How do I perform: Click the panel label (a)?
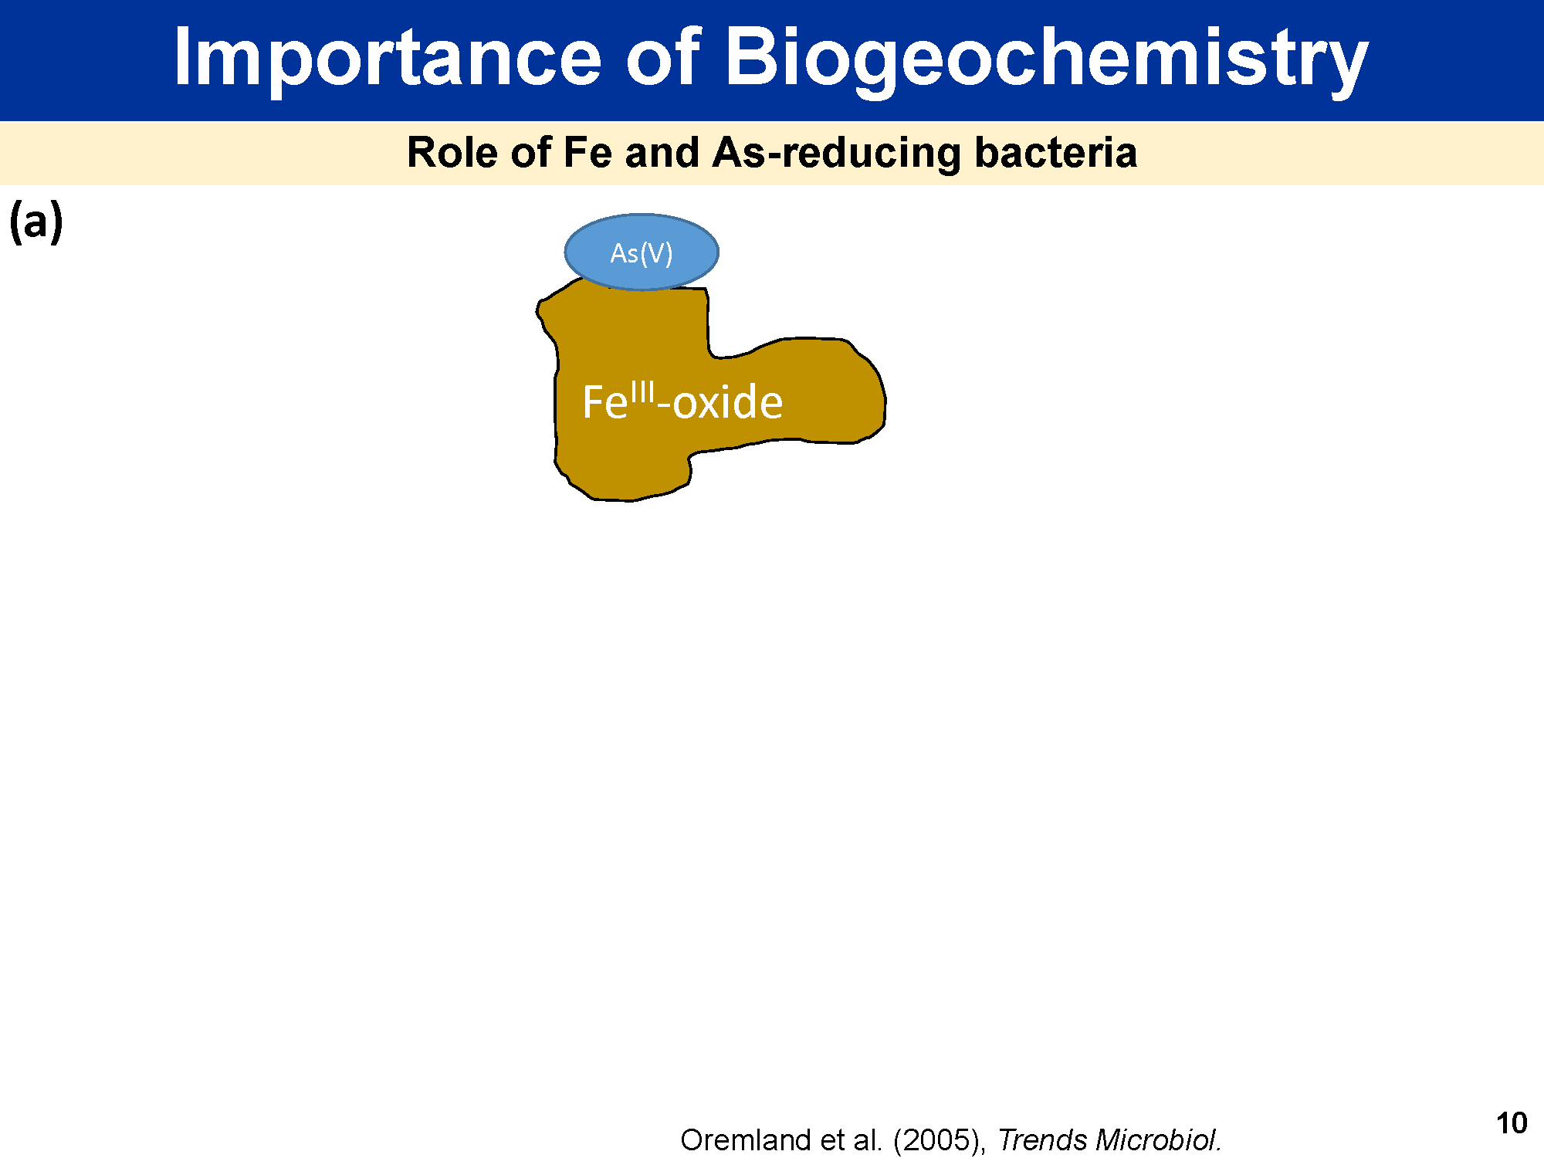36,222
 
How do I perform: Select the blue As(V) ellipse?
642,252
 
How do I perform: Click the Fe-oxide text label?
682,401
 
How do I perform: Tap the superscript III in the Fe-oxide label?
642,393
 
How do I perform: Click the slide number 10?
1512,1123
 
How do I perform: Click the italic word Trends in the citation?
1042,1140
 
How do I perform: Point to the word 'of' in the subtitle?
530,152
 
